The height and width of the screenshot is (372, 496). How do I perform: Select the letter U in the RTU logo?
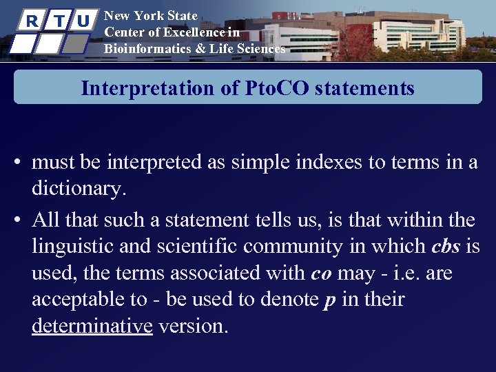tap(83, 21)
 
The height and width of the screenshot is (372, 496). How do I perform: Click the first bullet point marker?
tap(21, 163)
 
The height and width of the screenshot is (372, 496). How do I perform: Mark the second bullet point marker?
tap(21, 221)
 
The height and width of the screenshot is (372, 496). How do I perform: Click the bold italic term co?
tap(321, 273)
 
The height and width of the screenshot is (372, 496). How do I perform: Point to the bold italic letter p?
tap(330, 300)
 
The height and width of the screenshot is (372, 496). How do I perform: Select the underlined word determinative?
tap(92, 326)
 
